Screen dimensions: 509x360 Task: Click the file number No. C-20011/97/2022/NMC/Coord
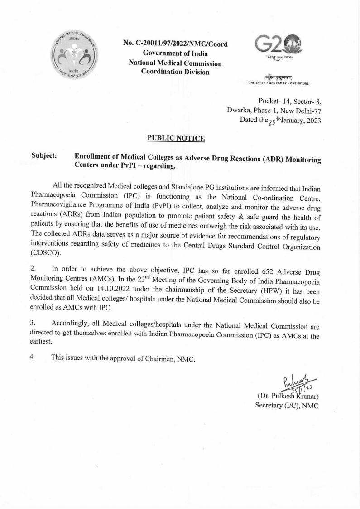coord(175,44)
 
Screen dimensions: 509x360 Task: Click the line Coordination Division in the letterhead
coord(175,72)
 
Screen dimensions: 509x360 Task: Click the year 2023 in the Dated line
coord(311,121)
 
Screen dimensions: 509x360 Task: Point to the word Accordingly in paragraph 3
coord(71,323)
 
